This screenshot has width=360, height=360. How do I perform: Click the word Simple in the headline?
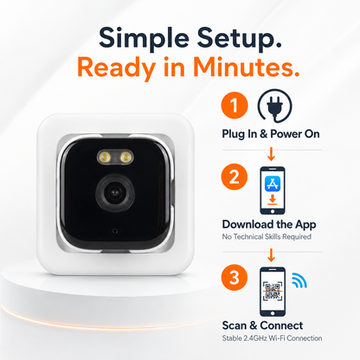click(x=144, y=39)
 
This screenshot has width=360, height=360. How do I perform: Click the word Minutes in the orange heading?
click(x=246, y=67)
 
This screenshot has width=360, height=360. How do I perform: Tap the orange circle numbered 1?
click(x=235, y=105)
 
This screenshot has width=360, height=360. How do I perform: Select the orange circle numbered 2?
click(x=235, y=177)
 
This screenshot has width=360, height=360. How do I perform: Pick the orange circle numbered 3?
click(x=235, y=278)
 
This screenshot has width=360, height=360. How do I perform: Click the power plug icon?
click(x=274, y=106)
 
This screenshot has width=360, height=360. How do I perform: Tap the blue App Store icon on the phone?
click(x=273, y=184)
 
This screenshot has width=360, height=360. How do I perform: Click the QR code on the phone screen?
click(x=273, y=291)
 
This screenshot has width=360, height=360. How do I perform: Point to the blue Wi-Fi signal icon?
click(x=299, y=280)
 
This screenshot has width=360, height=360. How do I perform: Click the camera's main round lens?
click(x=115, y=193)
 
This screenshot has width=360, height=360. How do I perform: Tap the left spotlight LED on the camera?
click(x=105, y=157)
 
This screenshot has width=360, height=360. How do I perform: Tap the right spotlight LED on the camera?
click(x=125, y=157)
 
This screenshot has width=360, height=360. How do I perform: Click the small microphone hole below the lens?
click(x=115, y=230)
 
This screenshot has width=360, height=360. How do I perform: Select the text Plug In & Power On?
click(x=271, y=134)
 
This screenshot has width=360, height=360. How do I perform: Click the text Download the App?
click(x=269, y=224)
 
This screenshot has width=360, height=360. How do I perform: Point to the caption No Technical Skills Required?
click(x=267, y=237)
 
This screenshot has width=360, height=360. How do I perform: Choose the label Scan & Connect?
click(x=262, y=325)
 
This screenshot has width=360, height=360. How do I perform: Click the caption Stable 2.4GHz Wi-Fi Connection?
click(x=272, y=338)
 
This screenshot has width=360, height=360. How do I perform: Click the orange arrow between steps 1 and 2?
click(x=271, y=154)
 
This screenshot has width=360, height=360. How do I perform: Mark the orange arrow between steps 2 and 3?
click(x=271, y=255)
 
